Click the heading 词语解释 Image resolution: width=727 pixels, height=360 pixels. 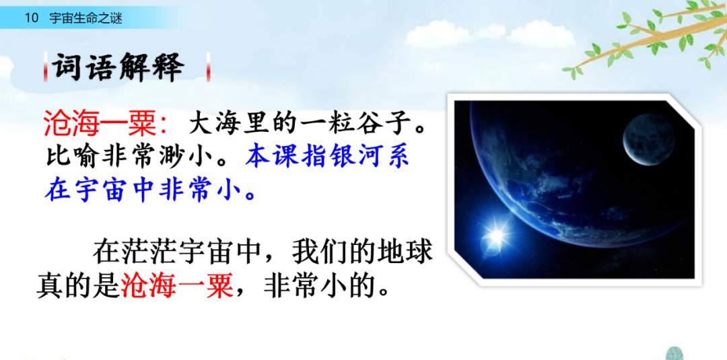[x=118, y=67]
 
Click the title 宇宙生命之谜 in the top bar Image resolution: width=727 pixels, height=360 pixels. [x=85, y=18]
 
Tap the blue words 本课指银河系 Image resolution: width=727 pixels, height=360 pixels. [x=328, y=157]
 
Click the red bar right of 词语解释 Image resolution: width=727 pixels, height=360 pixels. [x=209, y=67]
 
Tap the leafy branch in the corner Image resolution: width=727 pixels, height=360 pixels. [x=646, y=37]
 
